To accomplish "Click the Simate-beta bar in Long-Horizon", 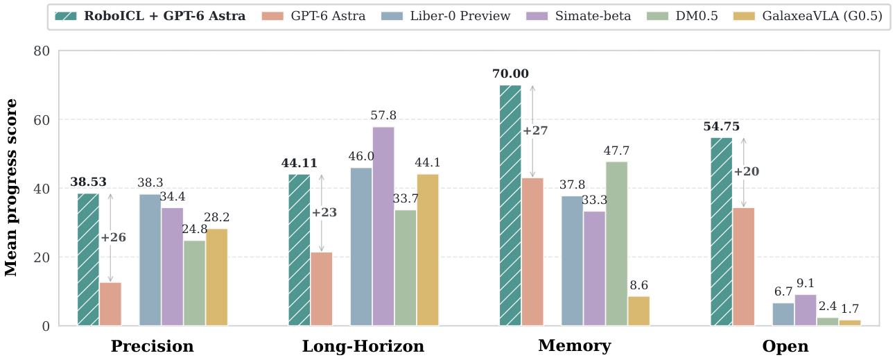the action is coord(383,226).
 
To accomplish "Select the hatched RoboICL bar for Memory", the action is coord(510,205).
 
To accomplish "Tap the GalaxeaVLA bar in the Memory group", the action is coord(638,311).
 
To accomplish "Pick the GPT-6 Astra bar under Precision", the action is coord(110,304).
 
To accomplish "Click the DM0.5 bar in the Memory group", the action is coord(616,243).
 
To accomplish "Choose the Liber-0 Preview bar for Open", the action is coord(783,314).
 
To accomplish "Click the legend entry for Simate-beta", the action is coord(579,16).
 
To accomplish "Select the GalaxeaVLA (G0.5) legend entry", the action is coord(808,16).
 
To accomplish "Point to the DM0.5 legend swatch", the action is coord(657,16).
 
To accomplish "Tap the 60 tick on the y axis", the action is coord(42,120).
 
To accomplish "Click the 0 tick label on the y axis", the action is coord(46,327).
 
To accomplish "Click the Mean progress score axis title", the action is coord(10,188).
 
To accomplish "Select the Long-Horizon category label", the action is coord(363,346).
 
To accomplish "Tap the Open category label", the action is coord(785,346).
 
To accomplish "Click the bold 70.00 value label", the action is coord(510,74).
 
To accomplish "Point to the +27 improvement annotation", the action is coord(535,130).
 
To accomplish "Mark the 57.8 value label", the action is coord(383,115).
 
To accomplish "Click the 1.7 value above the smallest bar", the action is coord(850,309).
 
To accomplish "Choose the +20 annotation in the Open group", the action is coord(747,171).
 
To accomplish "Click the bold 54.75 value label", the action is coord(721,126).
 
